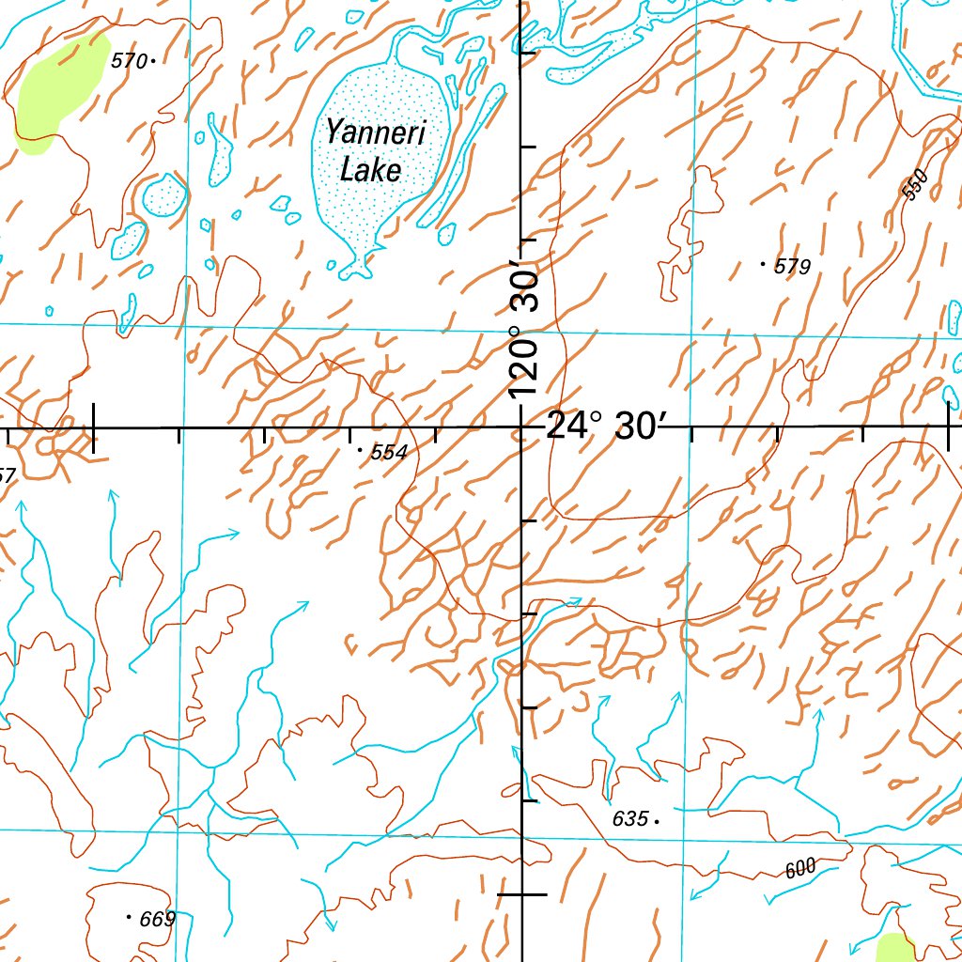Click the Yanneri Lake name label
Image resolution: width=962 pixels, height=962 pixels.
[374, 150]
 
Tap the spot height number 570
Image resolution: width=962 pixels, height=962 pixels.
[129, 62]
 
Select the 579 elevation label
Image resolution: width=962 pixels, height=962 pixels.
[792, 268]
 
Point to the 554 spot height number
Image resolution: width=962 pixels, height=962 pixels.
[389, 453]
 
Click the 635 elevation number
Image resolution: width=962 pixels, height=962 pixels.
[629, 819]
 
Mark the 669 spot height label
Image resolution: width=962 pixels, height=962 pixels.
[157, 920]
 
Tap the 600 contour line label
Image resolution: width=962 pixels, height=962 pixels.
[800, 869]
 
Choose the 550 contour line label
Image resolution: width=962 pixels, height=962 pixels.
[913, 184]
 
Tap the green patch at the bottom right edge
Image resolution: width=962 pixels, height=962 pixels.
[894, 948]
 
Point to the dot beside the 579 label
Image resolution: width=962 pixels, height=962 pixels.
[762, 265]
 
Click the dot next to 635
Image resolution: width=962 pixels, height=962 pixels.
[656, 820]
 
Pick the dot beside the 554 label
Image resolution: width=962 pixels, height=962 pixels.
[361, 451]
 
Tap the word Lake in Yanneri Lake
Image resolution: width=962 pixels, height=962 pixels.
[371, 170]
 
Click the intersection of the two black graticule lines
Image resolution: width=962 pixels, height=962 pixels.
[522, 427]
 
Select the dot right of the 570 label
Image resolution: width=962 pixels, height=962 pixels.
[152, 61]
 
